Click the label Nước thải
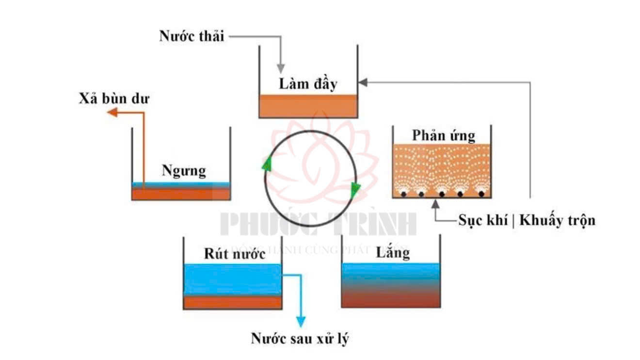(192, 36)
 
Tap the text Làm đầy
(308, 83)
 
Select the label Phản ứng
(443, 135)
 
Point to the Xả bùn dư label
(114, 99)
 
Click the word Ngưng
(184, 171)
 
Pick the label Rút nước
(234, 253)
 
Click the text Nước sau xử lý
(300, 338)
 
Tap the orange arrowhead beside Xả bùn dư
(112, 113)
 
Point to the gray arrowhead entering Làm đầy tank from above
(280, 69)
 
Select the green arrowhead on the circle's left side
(266, 164)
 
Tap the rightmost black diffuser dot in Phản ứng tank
(481, 194)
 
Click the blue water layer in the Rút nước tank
(233, 279)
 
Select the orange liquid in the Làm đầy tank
(308, 106)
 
